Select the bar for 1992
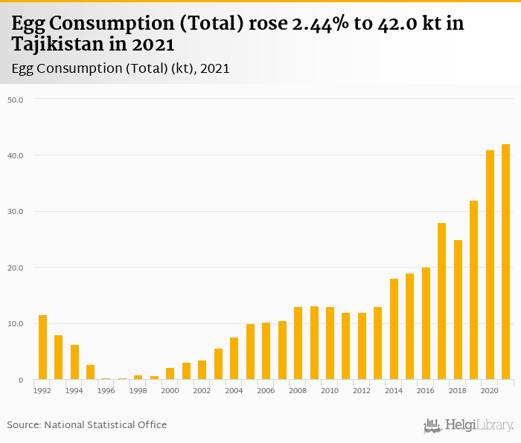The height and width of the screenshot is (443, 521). (x=42, y=347)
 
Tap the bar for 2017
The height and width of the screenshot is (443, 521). (x=441, y=301)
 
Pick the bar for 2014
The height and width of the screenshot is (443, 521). (x=394, y=329)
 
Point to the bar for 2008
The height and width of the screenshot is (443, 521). (x=298, y=343)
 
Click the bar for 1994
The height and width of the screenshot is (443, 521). (x=74, y=362)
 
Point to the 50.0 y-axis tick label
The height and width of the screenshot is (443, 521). (x=16, y=100)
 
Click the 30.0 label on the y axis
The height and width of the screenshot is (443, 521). (x=16, y=212)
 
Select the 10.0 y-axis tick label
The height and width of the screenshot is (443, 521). (x=16, y=324)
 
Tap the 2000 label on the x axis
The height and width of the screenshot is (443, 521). (x=170, y=390)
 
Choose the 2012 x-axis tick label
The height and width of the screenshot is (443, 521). (x=362, y=390)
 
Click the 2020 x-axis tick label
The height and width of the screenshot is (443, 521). (x=490, y=390)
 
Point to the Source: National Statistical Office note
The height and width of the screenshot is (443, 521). (x=87, y=425)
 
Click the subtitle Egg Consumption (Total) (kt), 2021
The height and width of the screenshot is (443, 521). (x=121, y=68)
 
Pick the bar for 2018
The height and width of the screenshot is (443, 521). (x=458, y=310)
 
